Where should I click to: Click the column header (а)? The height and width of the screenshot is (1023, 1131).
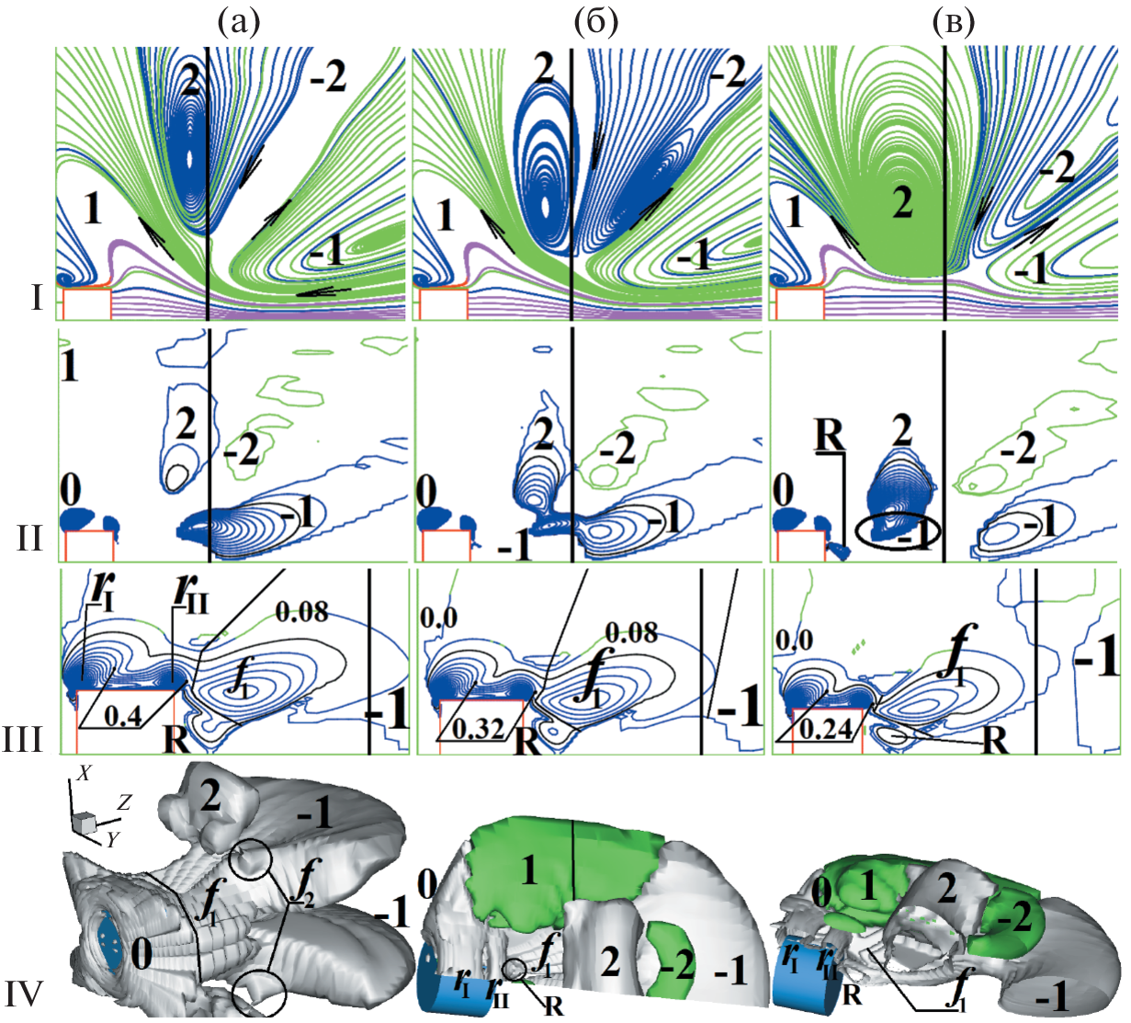click(x=239, y=23)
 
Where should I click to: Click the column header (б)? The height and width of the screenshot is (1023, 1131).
click(x=596, y=23)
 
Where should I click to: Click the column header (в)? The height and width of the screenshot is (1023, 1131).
click(x=954, y=23)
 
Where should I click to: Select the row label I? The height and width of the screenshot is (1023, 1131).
click(x=37, y=298)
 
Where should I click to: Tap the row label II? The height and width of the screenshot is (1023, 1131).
click(x=30, y=539)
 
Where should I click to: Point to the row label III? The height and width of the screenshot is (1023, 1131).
click(x=23, y=739)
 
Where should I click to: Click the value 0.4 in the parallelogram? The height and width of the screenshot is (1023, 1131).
click(x=123, y=716)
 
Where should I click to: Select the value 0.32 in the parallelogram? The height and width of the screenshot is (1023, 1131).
click(x=478, y=730)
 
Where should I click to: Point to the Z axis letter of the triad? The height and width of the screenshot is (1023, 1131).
click(x=124, y=802)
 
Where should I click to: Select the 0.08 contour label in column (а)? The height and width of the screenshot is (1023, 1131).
click(x=302, y=611)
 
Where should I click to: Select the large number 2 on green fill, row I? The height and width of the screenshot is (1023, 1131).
click(x=902, y=203)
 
